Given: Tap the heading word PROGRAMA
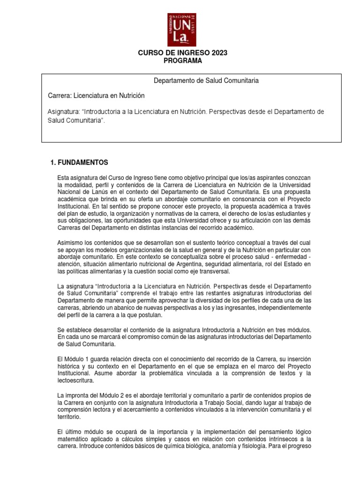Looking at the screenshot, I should pos(182,60).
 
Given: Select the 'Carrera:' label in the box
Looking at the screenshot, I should pos(61,96).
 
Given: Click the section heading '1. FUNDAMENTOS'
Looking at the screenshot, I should pos(79,163).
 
